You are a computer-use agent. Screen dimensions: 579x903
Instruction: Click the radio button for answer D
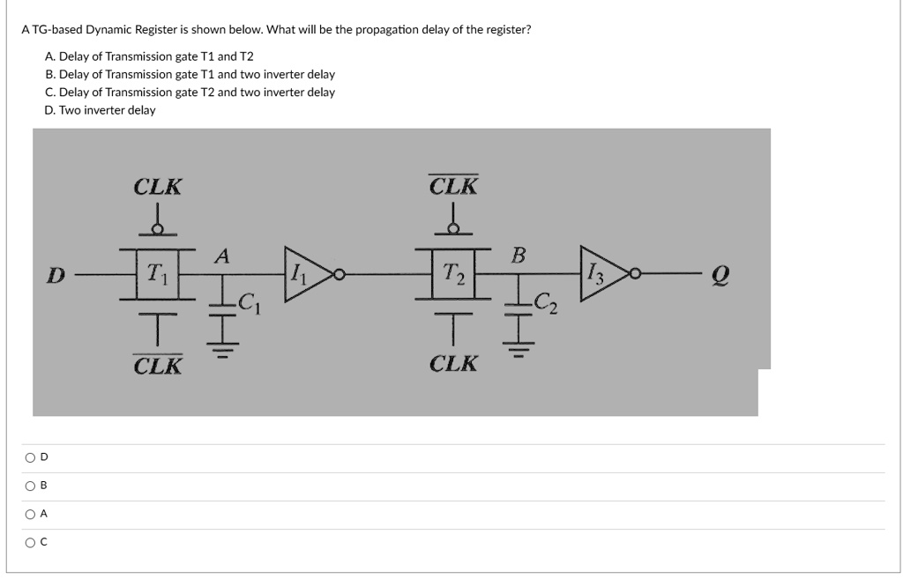[31, 457]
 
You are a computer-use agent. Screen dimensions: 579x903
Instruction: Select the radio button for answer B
[31, 486]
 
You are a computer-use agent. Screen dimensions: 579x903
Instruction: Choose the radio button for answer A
[31, 514]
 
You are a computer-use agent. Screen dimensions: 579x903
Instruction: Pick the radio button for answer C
[31, 542]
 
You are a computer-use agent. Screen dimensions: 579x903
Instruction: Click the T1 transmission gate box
[159, 273]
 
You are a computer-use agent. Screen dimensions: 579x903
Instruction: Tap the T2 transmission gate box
[453, 273]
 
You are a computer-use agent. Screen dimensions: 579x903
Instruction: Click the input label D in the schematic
[56, 275]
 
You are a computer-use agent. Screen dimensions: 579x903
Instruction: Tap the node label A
[222, 256]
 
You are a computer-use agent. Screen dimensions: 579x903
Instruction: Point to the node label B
[519, 256]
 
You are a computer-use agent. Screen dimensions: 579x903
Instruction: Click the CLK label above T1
[158, 187]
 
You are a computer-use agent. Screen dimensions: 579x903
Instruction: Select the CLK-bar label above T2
[453, 186]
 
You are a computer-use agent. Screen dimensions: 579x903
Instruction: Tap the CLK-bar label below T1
[158, 364]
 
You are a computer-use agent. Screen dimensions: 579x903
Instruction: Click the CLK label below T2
[453, 363]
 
